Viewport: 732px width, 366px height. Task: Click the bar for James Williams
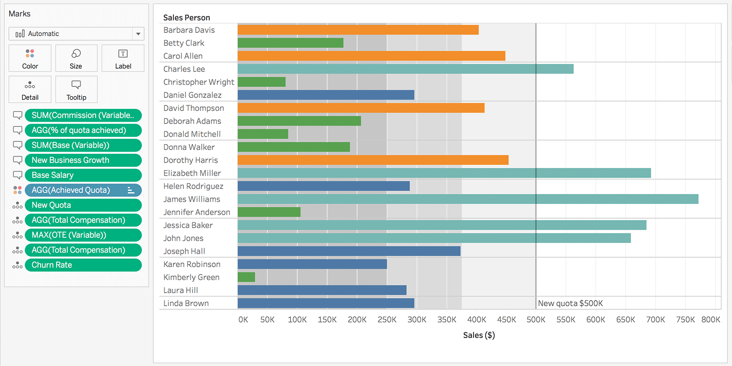click(468, 199)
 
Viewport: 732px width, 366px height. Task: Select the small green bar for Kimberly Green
click(246, 277)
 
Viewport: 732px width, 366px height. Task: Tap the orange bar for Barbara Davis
click(358, 30)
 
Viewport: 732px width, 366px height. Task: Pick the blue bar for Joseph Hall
click(349, 251)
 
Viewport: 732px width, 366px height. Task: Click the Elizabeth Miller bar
click(444, 173)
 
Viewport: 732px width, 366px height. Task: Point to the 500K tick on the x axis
click(536, 320)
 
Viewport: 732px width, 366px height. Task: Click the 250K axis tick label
click(387, 320)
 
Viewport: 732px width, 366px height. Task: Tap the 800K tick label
click(710, 320)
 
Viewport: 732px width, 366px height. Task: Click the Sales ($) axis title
click(479, 335)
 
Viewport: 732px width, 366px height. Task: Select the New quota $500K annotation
click(570, 303)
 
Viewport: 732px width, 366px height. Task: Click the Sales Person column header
click(187, 18)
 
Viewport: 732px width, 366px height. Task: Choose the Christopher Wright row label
click(199, 82)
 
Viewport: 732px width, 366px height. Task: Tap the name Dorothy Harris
click(190, 160)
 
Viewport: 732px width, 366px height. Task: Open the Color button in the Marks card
click(30, 58)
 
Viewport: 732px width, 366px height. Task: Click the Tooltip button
click(76, 89)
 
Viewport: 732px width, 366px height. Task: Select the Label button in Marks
click(123, 58)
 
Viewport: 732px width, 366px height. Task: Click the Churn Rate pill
click(83, 265)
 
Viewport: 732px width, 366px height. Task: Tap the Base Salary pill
click(83, 175)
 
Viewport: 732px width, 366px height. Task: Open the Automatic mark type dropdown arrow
click(138, 34)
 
